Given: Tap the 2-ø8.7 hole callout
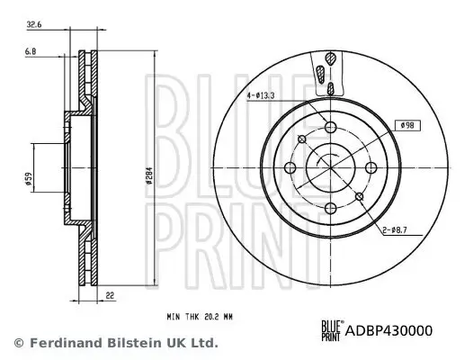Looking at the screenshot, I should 397,231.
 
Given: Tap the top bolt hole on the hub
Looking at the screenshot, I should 330,128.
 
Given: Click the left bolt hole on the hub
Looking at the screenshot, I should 290,166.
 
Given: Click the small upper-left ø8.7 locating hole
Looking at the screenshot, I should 302,139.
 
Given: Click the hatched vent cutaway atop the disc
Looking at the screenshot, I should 329,67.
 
